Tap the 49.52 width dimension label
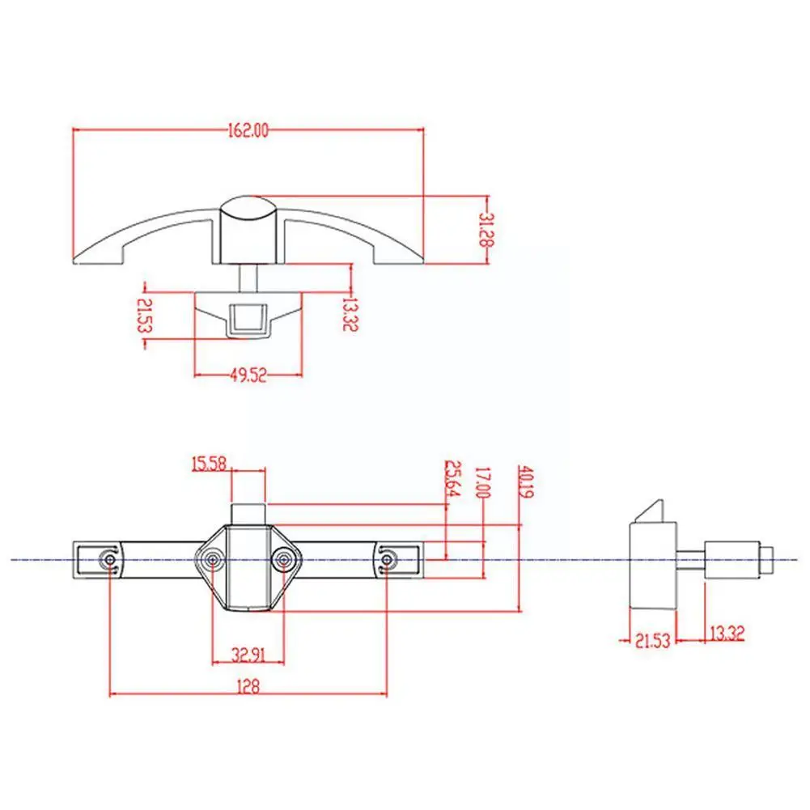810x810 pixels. [x=249, y=375]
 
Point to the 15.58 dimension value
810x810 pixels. [x=208, y=464]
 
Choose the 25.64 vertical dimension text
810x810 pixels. [x=451, y=480]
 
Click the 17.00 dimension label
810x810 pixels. [x=484, y=483]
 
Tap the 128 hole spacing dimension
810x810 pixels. [x=248, y=686]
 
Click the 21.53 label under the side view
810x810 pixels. [x=653, y=640]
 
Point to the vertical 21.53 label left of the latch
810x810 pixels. [x=144, y=316]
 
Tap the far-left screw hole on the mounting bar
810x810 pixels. [x=109, y=559]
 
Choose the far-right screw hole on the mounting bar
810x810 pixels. [x=388, y=559]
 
